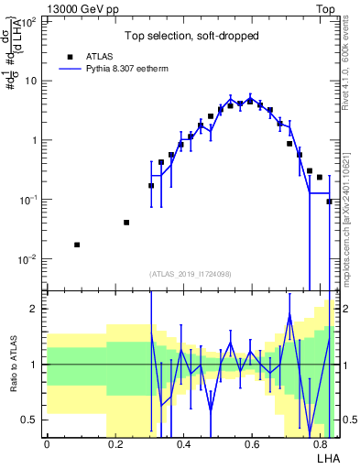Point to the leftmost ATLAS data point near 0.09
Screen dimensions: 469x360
[77, 245]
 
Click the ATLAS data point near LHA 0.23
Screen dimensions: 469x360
[126, 223]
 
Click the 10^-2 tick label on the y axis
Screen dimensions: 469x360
[30, 259]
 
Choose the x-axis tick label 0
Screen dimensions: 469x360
[47, 444]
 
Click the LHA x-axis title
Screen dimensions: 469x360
[327, 458]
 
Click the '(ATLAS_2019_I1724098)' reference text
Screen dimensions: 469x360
[191, 274]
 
